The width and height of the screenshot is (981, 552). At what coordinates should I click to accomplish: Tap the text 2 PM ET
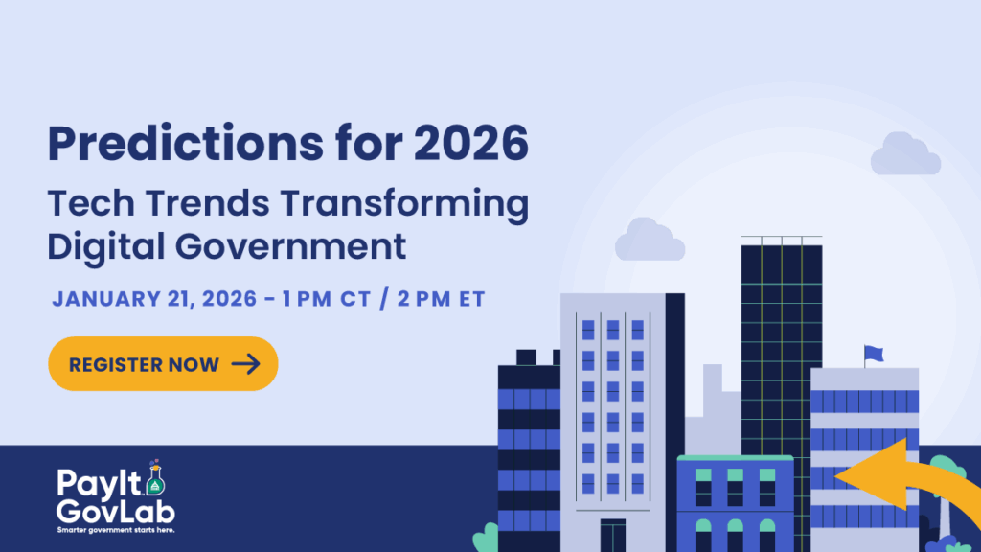(x=430, y=299)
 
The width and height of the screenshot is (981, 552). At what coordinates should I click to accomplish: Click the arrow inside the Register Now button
(x=245, y=364)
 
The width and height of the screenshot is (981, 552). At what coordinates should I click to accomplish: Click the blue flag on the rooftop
(x=873, y=354)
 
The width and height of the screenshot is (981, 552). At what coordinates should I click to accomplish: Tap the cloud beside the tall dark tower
(x=650, y=241)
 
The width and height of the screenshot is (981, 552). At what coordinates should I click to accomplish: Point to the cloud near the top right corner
(x=904, y=154)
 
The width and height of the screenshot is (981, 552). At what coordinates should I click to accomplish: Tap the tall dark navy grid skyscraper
(x=781, y=345)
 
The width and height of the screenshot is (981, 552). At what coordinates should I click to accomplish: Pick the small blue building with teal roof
(x=735, y=503)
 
